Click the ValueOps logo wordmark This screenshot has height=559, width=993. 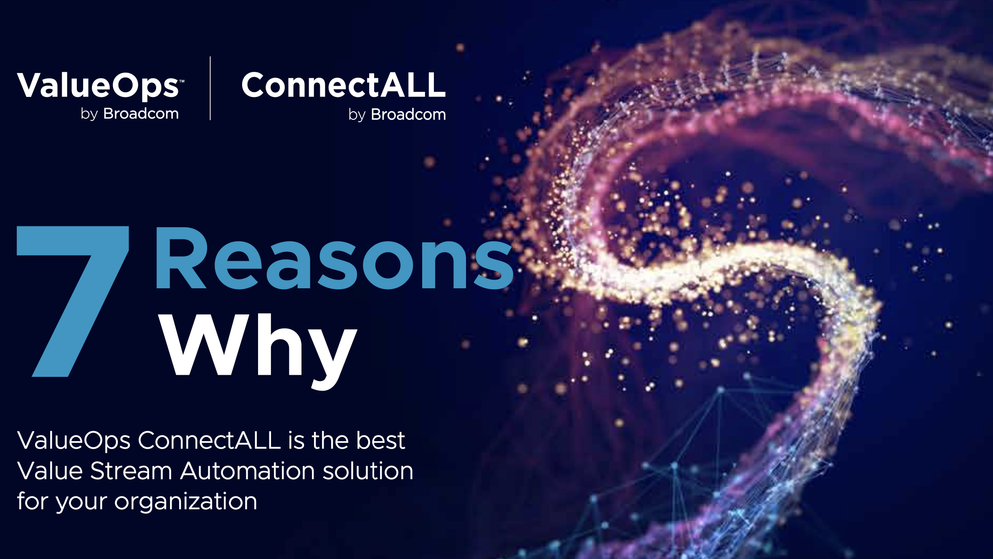[x=98, y=86]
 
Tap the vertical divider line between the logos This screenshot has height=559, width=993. [x=210, y=88]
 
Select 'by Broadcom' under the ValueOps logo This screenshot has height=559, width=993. [x=129, y=114]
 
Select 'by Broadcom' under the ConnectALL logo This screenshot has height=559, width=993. [x=397, y=114]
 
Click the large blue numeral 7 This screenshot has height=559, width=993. [x=73, y=301]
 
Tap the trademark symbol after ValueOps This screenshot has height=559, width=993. [x=182, y=81]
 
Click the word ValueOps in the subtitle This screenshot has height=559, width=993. [x=74, y=441]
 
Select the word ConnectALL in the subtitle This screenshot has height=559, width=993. [x=209, y=440]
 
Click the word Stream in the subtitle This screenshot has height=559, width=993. [x=131, y=471]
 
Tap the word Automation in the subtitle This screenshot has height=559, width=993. [x=248, y=471]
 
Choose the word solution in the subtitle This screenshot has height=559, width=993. [x=368, y=471]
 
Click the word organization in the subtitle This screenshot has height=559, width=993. [x=185, y=501]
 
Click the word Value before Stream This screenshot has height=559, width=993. [x=50, y=471]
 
